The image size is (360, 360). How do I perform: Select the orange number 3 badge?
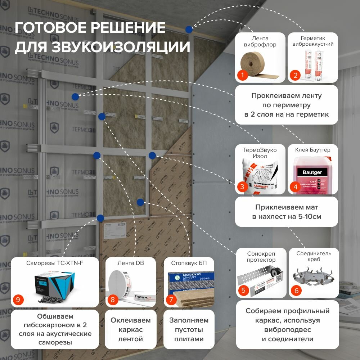pyautogui.click(x=243, y=186)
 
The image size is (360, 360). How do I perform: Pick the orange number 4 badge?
pyautogui.click(x=295, y=186)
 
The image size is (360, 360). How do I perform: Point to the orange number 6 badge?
pyautogui.click(x=296, y=290)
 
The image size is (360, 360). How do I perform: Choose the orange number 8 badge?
pyautogui.click(x=112, y=300)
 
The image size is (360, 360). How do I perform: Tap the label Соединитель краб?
pyautogui.click(x=314, y=256)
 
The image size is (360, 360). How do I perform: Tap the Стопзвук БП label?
pyautogui.click(x=186, y=263)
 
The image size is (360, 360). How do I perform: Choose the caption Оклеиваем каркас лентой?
pyautogui.click(x=130, y=329)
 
